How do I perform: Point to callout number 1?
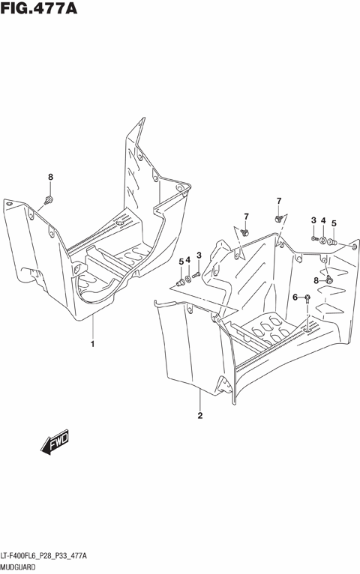pos(92,344)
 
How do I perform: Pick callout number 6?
pos(295,297)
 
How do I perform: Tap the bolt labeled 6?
pos(307,298)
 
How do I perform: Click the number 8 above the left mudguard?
pos(50,177)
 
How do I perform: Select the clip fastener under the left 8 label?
pos(49,199)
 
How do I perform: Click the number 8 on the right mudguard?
pos(316,280)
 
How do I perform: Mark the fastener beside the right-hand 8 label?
pos(328,280)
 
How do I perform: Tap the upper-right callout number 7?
pos(278,201)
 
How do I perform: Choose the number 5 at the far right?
pos(334,223)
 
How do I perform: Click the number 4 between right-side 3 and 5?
pos(323,220)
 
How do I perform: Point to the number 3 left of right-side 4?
pos(313,220)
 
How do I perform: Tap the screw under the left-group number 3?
pos(196,276)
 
